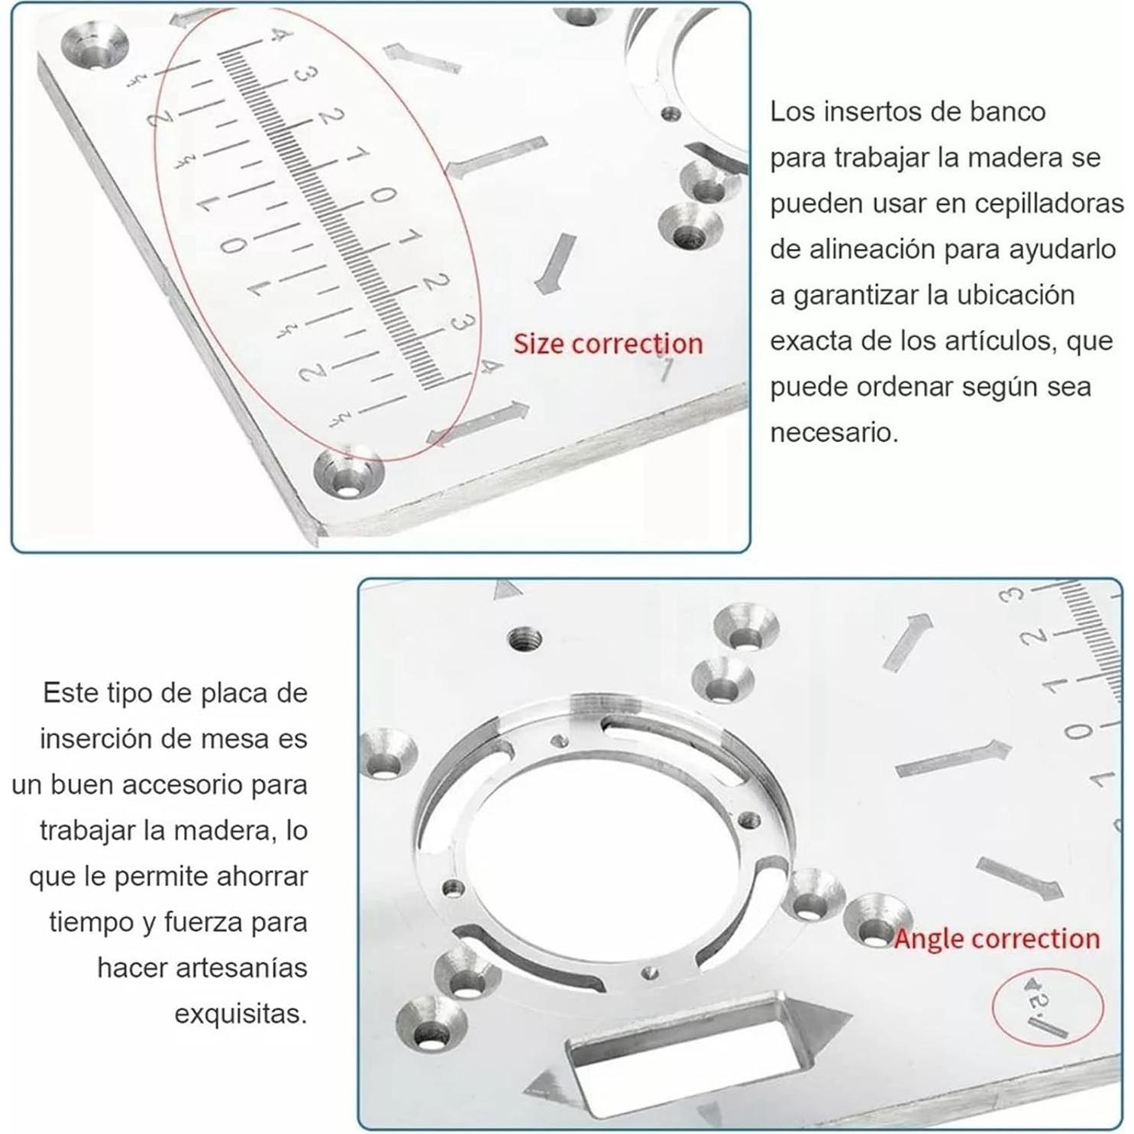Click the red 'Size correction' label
point(607,344)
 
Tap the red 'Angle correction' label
point(997,938)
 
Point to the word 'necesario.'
point(834,433)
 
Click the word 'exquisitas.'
point(241,1014)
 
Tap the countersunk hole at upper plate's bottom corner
point(348,476)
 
